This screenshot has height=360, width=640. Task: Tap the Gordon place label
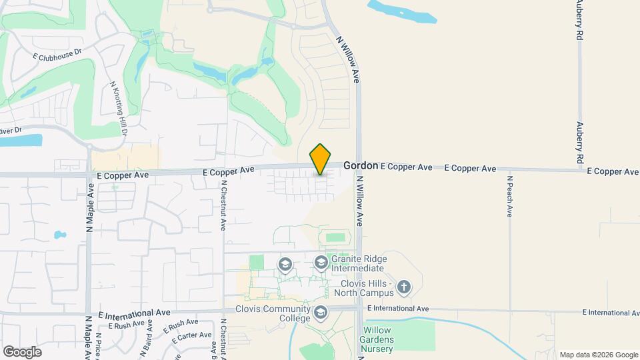click(x=361, y=165)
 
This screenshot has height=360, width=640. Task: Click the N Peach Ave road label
click(x=509, y=195)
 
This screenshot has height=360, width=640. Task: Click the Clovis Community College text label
click(x=273, y=313)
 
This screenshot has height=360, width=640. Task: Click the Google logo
click(x=22, y=351)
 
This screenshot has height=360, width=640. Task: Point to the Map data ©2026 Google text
click(x=598, y=355)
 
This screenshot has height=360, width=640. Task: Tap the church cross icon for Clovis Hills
click(x=403, y=288)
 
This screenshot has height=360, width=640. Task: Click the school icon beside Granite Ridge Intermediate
click(x=321, y=263)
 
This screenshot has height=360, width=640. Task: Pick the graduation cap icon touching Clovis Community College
click(x=321, y=312)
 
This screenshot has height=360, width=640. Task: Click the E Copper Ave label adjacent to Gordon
click(x=406, y=167)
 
